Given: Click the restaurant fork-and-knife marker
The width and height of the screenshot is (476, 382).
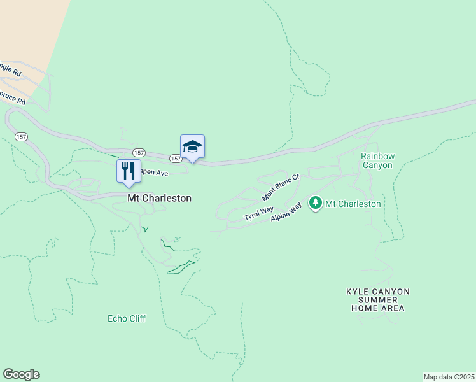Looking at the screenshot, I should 128,171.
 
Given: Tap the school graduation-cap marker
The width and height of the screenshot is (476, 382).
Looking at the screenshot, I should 192,147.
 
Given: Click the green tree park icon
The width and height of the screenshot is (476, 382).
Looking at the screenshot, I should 315,204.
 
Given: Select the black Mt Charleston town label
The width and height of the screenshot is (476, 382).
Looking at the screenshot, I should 159,198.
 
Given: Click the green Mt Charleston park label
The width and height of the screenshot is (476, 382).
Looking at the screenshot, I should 353,204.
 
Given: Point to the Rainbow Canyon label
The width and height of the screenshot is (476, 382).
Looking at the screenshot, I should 377,160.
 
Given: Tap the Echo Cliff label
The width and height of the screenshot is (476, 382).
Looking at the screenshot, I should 127,318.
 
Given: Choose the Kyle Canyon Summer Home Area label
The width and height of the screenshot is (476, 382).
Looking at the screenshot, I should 377,300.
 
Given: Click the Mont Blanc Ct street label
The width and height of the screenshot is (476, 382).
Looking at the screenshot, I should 281,187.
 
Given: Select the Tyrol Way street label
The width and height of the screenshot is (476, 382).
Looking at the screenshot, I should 258,214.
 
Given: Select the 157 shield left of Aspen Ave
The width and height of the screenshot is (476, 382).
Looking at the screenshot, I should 139,153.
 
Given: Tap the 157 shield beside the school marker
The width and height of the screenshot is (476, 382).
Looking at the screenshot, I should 176,158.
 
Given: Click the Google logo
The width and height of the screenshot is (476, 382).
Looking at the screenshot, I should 21,374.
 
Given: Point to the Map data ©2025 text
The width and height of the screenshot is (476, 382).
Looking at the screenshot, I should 449,376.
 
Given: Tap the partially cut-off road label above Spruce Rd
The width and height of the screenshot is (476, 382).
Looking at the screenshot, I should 10,68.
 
